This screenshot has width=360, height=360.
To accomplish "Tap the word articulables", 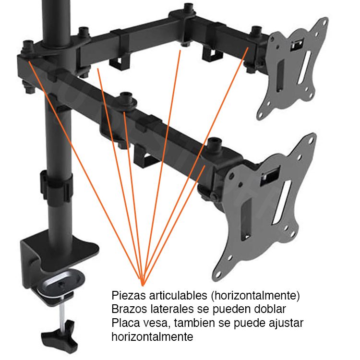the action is tap(179, 296).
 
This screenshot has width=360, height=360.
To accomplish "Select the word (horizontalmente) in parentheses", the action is tap(255, 296).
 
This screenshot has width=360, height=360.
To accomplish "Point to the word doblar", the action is tap(270, 309).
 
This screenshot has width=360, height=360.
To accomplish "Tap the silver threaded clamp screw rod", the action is tap(62, 313).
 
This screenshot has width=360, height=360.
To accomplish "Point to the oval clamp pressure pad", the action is tap(61, 284).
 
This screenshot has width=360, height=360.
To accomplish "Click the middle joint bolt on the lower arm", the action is tap(126, 99).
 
